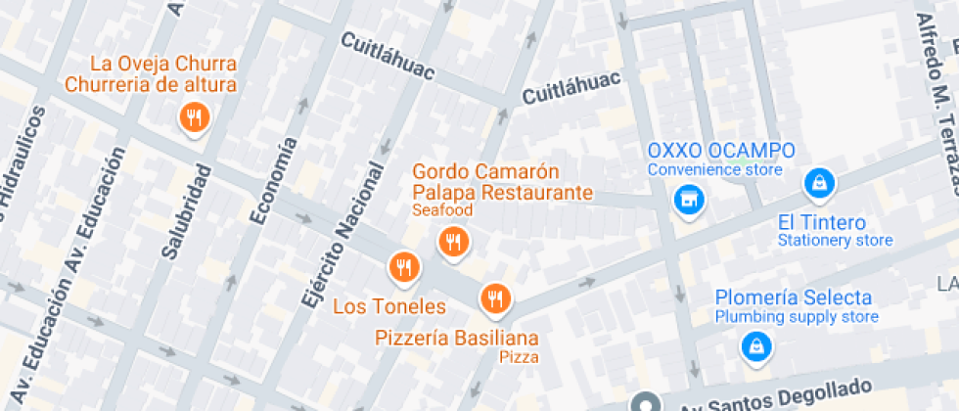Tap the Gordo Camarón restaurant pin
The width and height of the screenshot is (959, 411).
452,240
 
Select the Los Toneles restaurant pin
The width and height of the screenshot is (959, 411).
403,265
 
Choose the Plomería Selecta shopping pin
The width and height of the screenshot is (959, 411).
754,343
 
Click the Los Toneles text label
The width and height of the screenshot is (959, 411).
389,306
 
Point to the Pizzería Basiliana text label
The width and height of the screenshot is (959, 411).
457,338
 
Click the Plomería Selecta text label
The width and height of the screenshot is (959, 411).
794,297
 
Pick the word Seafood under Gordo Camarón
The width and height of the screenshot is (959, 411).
442,210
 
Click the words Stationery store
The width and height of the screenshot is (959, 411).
835,240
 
